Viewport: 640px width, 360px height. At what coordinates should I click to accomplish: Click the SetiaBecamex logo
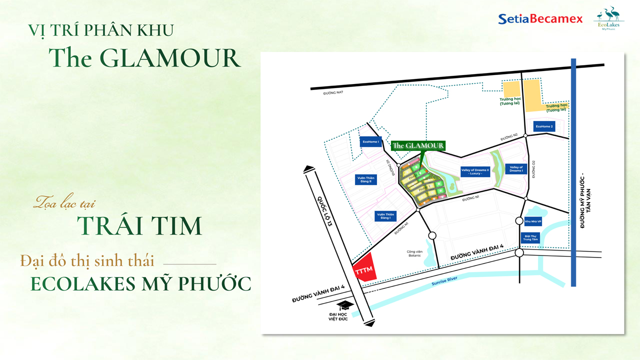(540, 19)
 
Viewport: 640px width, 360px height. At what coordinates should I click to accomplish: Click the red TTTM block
(364, 270)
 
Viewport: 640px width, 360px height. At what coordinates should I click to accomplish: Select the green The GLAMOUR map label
(418, 145)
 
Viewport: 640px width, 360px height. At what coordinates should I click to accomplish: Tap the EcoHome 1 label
(370, 142)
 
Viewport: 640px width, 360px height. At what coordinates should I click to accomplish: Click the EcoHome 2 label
(544, 126)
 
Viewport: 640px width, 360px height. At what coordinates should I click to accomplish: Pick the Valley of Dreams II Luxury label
(475, 171)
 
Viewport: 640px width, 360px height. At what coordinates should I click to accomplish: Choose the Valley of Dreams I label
(516, 169)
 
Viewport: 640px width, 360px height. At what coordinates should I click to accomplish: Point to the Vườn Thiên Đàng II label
(365, 179)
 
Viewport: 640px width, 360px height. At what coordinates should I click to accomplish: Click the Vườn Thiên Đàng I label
(385, 216)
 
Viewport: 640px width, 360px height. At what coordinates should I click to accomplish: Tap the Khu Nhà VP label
(533, 221)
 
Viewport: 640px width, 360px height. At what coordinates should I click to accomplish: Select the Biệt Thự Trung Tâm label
(531, 237)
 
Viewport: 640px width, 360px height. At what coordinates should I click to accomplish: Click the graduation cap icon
(344, 305)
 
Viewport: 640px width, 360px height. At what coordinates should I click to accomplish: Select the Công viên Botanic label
(414, 253)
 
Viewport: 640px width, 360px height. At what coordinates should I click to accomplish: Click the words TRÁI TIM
(139, 226)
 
